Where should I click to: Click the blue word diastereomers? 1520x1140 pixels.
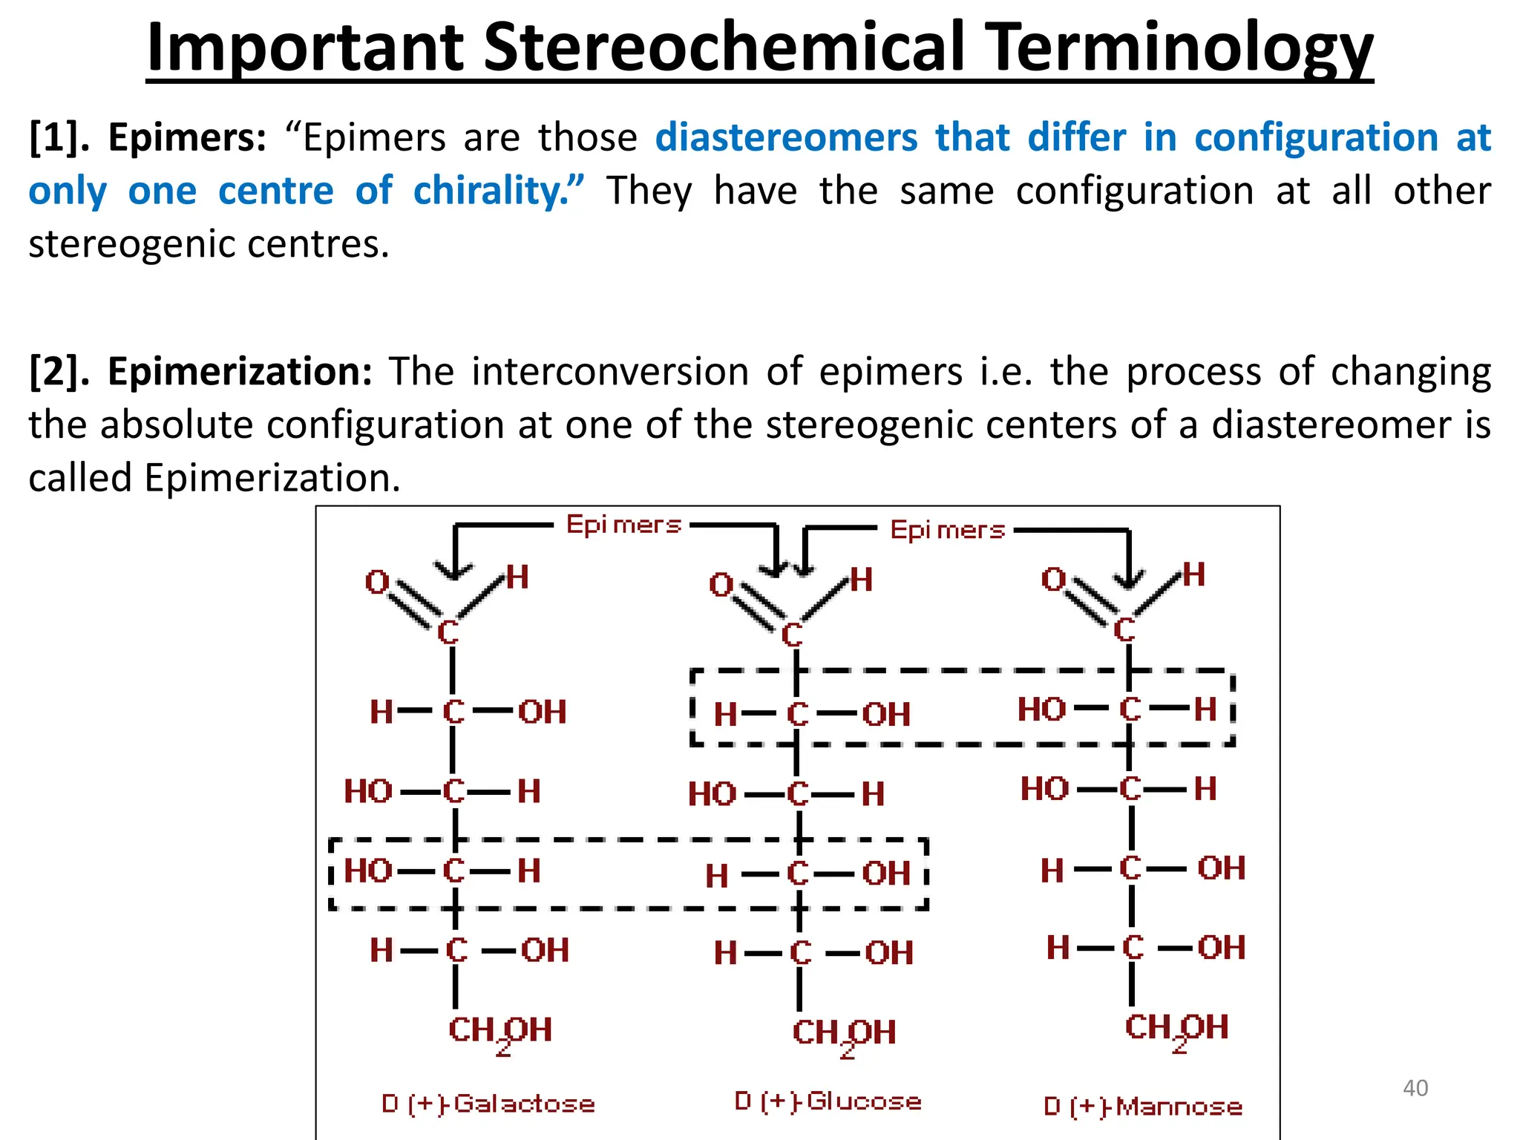[x=787, y=138]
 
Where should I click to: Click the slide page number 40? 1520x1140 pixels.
[x=1415, y=1088]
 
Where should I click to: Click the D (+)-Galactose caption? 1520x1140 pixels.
[x=488, y=1104]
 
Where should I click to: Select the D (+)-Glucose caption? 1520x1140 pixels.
[x=828, y=1101]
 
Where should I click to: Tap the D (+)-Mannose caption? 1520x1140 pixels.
[x=1143, y=1107]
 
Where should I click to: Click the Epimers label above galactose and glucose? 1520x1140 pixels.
[x=623, y=525]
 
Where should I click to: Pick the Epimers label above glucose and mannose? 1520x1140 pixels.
[x=947, y=530]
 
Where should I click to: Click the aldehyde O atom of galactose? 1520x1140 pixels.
[x=377, y=582]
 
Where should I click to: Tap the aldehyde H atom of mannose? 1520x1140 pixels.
[x=1194, y=574]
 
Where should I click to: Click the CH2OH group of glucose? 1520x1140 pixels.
[x=844, y=1033]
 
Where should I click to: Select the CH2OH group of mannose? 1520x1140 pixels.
[x=1177, y=1029]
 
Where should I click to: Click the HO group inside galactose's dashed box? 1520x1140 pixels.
[x=368, y=871]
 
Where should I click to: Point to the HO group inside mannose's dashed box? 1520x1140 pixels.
[x=1042, y=710]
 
